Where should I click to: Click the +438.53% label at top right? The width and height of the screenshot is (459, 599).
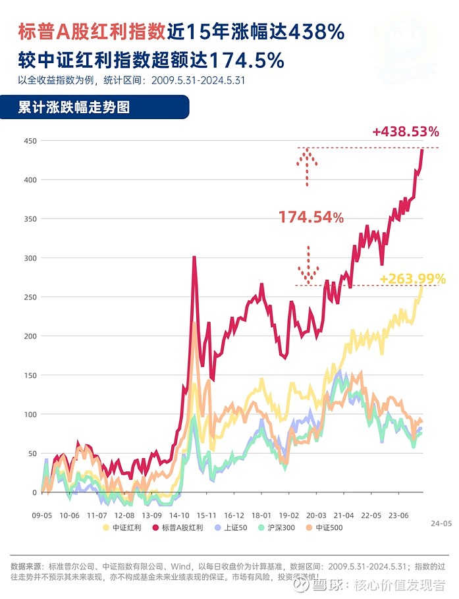[405, 132]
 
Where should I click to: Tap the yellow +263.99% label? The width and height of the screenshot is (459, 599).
[413, 278]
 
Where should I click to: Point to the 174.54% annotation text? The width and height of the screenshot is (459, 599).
[311, 217]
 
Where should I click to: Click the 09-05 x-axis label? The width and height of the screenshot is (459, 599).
[42, 515]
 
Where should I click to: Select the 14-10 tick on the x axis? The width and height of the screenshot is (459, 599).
[179, 515]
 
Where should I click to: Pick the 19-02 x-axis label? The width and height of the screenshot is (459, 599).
[289, 515]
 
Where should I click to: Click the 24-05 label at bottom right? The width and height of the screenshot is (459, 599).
[441, 523]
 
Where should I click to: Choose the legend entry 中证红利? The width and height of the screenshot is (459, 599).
[124, 527]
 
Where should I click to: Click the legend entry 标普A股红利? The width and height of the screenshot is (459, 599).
[177, 527]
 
